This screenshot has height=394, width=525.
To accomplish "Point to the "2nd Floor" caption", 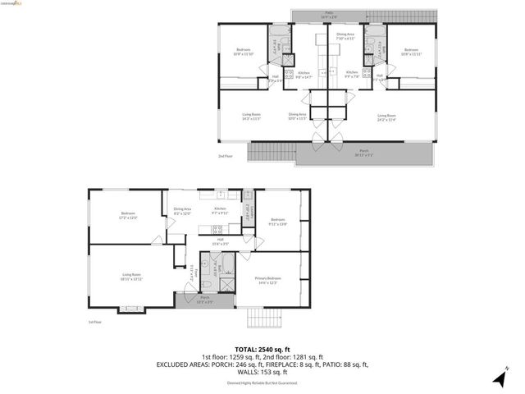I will (x=226, y=155).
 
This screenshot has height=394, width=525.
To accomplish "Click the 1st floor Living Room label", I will (x=133, y=277).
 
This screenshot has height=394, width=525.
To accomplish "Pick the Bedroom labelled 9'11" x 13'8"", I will (x=278, y=221).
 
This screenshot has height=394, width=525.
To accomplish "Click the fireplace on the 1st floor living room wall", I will (x=129, y=309).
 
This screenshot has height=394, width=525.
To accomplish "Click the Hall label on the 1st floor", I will (x=221, y=242).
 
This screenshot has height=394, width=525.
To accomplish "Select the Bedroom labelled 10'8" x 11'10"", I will (x=243, y=52).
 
